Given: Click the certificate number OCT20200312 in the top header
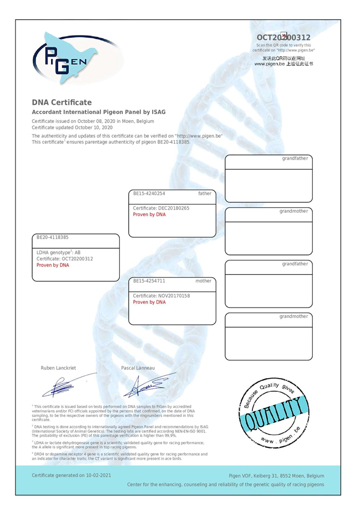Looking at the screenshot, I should [x=283, y=37].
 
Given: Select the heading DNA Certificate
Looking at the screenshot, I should [x=62, y=103].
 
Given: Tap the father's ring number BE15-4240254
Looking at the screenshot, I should [x=149, y=194].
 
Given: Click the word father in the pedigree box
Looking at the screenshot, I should [x=205, y=194].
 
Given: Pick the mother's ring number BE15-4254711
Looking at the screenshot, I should [x=149, y=281].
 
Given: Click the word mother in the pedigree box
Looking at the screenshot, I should [x=203, y=281].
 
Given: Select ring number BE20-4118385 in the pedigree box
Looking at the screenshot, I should [x=53, y=237].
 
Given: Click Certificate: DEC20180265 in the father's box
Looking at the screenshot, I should [x=161, y=208].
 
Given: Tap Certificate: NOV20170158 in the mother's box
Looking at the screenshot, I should [x=161, y=296].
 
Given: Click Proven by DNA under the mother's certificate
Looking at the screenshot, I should [x=149, y=303].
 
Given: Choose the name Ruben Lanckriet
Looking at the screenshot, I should [x=59, y=368].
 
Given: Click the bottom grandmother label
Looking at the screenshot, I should [x=293, y=316].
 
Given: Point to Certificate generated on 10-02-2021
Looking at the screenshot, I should [x=72, y=476].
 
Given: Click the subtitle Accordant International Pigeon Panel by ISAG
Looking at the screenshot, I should [x=99, y=112].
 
